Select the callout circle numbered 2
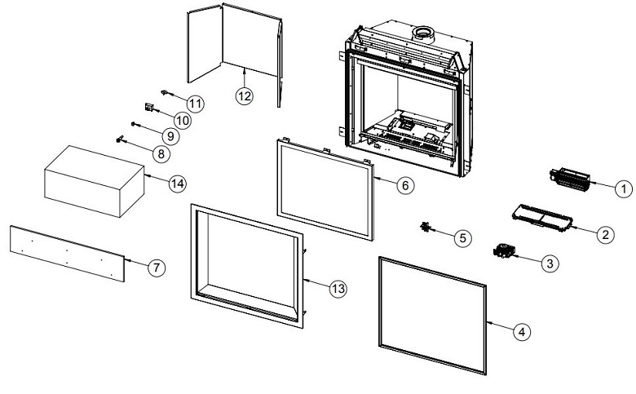coord(604,235)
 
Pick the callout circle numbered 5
coord(462,238)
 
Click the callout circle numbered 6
coord(405,184)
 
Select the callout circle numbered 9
coord(170,135)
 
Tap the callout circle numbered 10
coord(181,119)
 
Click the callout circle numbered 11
coord(195,104)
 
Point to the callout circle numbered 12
coord(245,95)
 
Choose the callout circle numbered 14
coord(177,184)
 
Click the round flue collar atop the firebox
coord(422,33)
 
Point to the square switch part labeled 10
coord(149,106)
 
